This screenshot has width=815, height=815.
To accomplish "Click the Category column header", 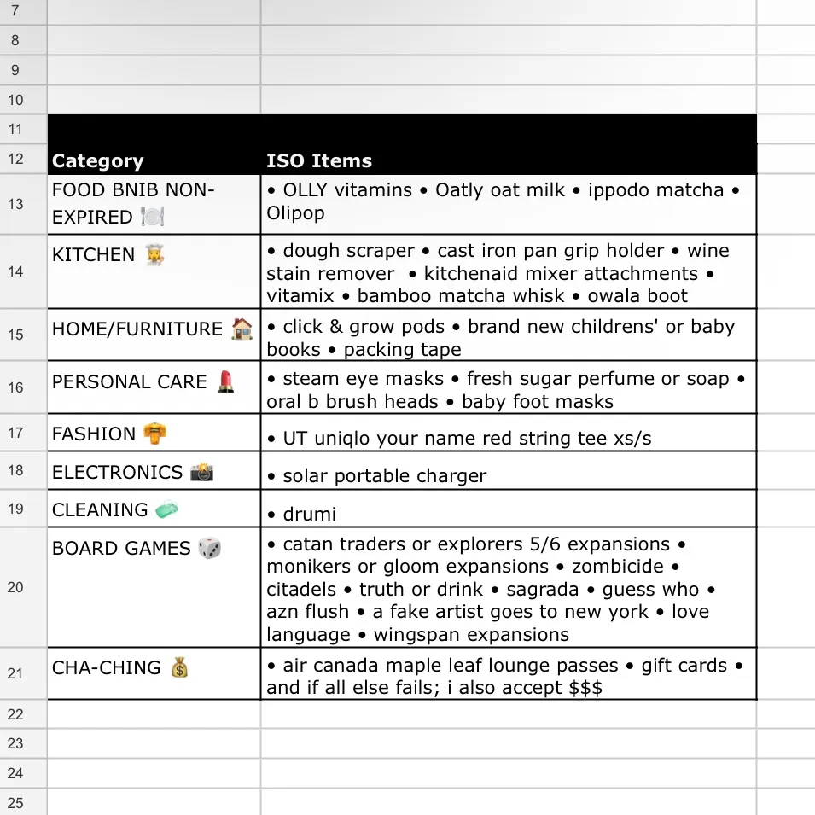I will (97, 161).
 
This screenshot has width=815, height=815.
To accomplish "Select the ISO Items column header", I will (318, 161).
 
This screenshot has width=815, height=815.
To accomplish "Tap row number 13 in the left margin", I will (15, 204).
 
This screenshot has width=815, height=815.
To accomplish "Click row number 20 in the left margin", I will (15, 587).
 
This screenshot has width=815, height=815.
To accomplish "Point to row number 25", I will (15, 803).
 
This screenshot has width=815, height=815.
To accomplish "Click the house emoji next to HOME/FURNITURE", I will (242, 329).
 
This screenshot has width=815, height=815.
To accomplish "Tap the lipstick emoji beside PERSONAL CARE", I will (225, 381).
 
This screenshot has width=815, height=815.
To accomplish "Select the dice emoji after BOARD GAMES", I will (209, 548).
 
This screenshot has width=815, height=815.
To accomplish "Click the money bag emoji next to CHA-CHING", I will (179, 667).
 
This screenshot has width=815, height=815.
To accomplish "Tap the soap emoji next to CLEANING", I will (167, 509).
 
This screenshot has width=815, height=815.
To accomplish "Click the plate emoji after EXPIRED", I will (152, 217).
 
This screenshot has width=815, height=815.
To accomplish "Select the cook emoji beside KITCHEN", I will (154, 254).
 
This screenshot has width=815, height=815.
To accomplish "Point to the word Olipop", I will (295, 212).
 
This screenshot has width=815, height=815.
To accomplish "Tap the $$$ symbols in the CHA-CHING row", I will (585, 688).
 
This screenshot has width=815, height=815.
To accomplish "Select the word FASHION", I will (94, 434).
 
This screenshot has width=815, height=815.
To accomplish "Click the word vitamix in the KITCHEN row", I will (300, 296).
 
